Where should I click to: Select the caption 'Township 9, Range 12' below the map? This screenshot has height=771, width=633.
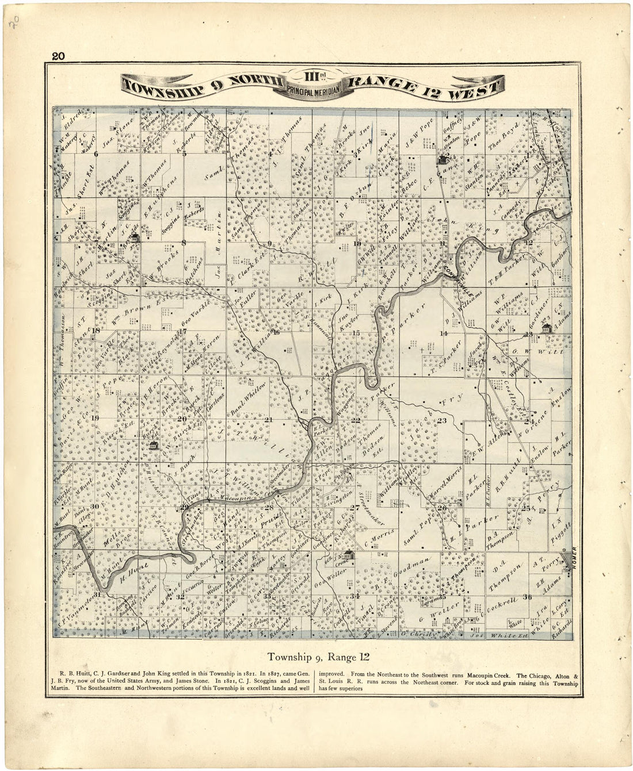(318, 655)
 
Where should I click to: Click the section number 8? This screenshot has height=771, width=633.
(184, 243)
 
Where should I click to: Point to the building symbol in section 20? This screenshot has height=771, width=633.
(152, 446)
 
